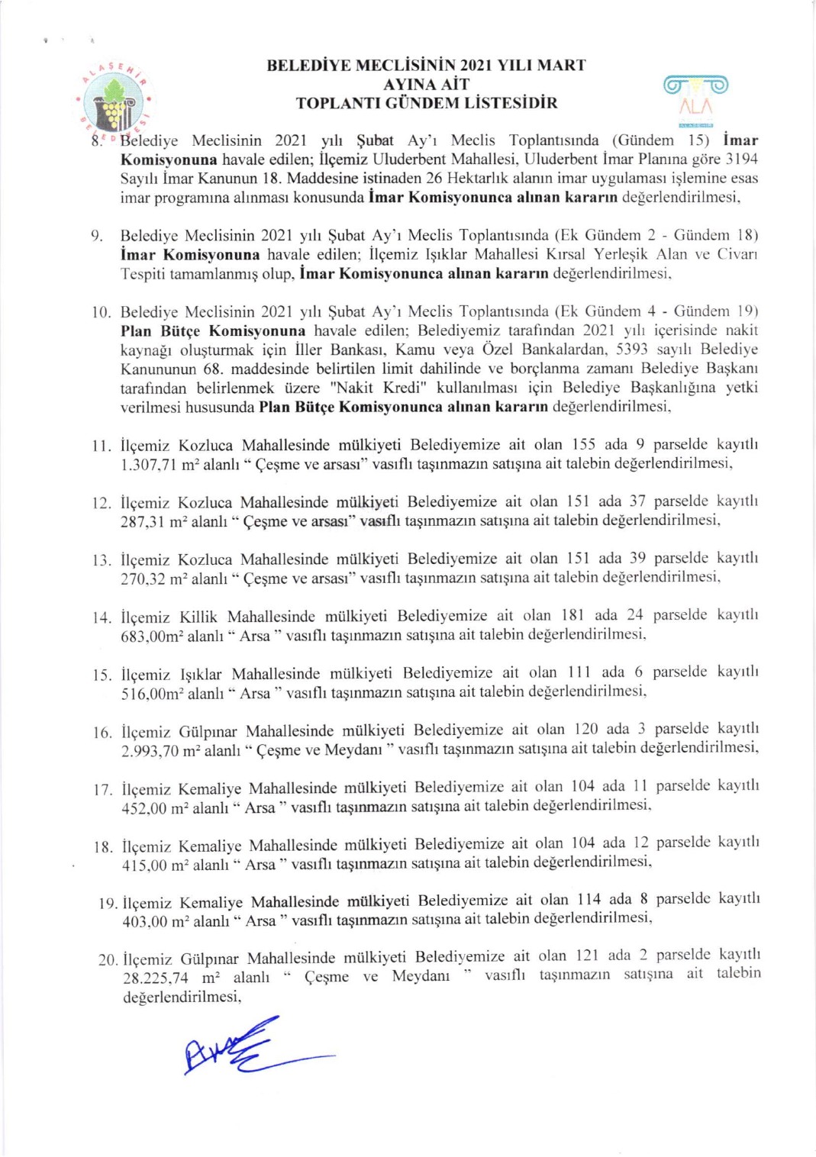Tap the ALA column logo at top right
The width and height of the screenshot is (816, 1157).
tap(695, 96)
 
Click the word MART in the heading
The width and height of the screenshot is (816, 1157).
tap(561, 66)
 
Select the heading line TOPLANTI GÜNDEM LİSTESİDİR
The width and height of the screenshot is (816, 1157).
tap(427, 103)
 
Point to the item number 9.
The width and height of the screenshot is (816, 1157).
tap(97, 236)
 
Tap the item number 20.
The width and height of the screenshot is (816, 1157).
tap(108, 959)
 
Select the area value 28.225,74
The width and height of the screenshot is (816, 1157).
tap(156, 978)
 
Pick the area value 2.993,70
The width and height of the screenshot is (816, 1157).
tap(151, 750)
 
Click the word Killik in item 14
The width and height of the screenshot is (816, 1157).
tap(198, 616)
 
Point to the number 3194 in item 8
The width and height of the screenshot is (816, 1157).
tap(741, 160)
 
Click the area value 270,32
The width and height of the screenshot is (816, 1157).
tap(143, 578)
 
